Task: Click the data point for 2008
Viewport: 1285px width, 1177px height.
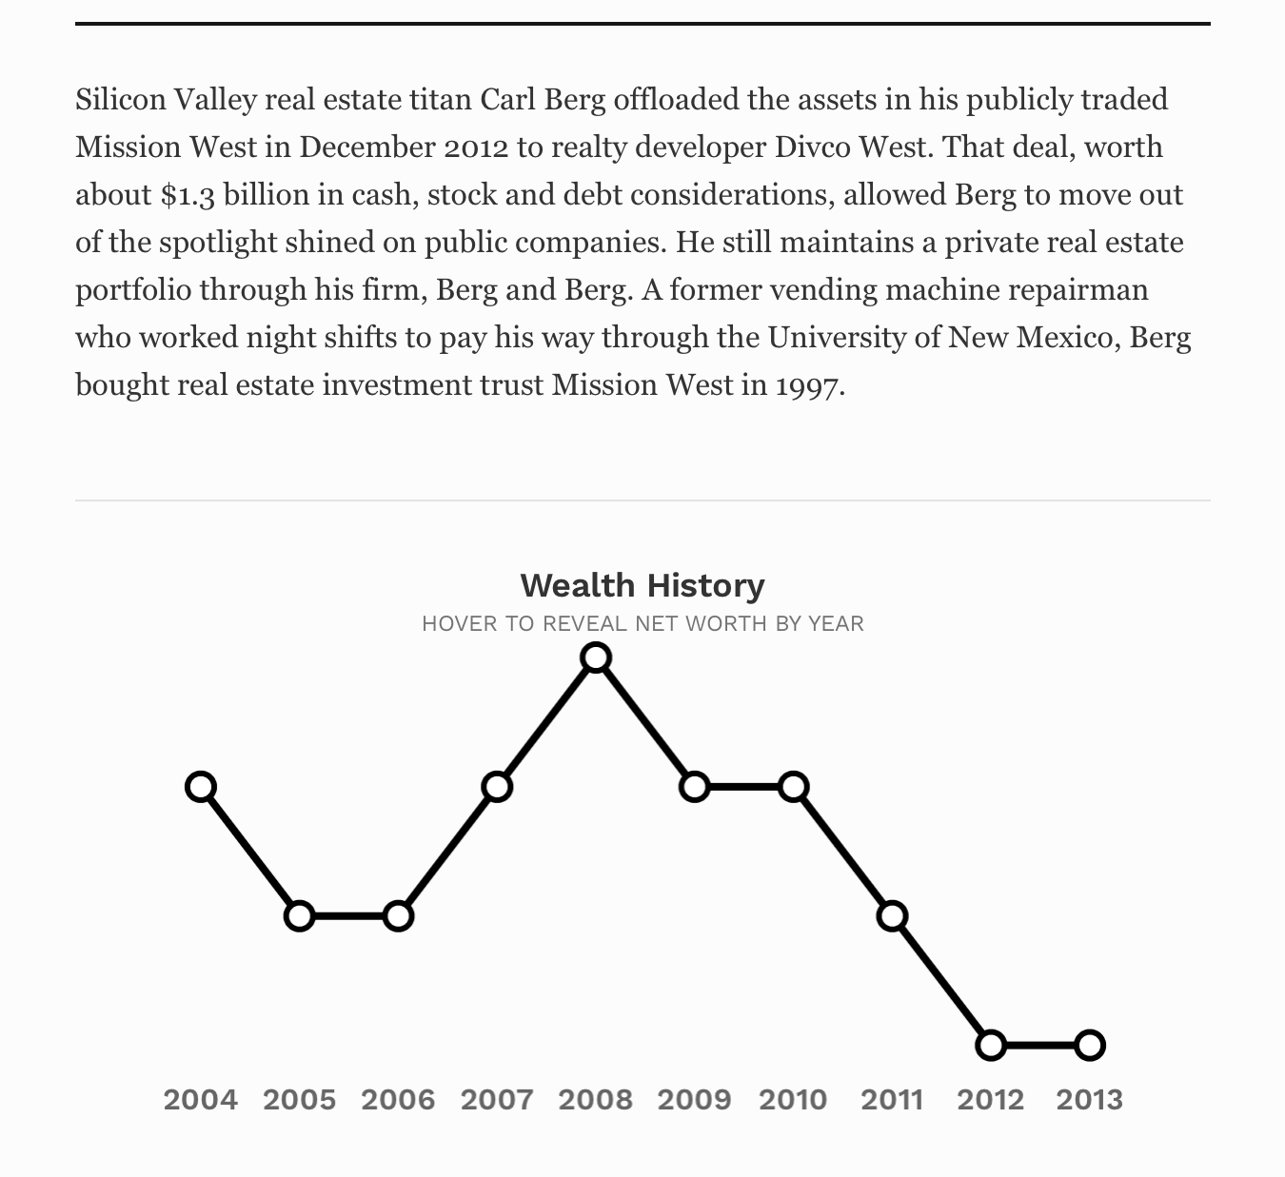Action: pyautogui.click(x=596, y=657)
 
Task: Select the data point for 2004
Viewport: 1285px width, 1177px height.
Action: pyautogui.click(x=201, y=787)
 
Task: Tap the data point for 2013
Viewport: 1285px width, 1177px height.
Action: pyautogui.click(x=1090, y=1046)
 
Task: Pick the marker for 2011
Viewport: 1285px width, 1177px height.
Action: pyautogui.click(x=892, y=916)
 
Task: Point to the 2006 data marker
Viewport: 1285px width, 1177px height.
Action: pyautogui.click(x=398, y=916)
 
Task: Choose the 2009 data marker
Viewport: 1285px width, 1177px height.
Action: pyautogui.click(x=695, y=787)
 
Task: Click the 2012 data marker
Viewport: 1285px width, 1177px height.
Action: pyautogui.click(x=991, y=1046)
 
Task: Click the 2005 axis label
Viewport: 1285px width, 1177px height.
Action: pyautogui.click(x=299, y=1100)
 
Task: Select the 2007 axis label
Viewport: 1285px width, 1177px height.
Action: pyautogui.click(x=497, y=1100)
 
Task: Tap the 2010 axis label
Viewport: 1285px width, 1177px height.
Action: pyautogui.click(x=793, y=1100)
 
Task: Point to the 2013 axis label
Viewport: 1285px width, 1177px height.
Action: pyautogui.click(x=1090, y=1100)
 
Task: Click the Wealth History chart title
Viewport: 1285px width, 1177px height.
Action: pyautogui.click(x=642, y=585)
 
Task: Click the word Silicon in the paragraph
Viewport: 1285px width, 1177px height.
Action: pyautogui.click(x=121, y=99)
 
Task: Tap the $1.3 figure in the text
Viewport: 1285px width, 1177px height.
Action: pyautogui.click(x=188, y=195)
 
